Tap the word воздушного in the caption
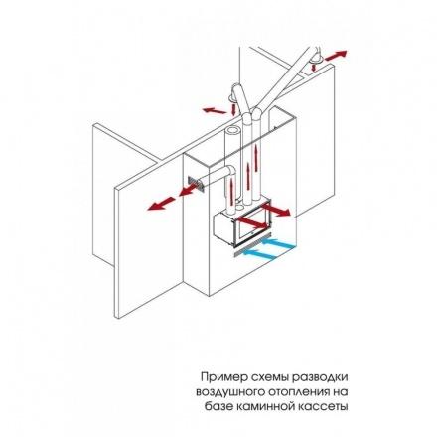(x=227, y=392)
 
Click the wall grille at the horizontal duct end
(x=197, y=185)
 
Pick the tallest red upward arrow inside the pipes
(x=255, y=163)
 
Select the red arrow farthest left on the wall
(x=161, y=204)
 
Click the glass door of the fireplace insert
(x=253, y=225)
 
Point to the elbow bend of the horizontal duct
(x=229, y=173)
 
